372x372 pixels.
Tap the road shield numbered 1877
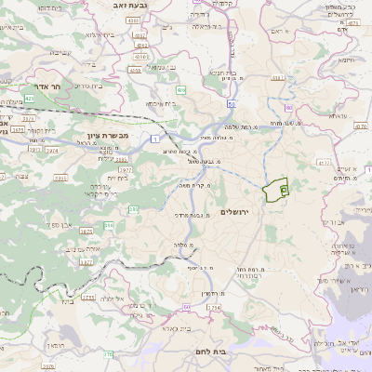point(86,263)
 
